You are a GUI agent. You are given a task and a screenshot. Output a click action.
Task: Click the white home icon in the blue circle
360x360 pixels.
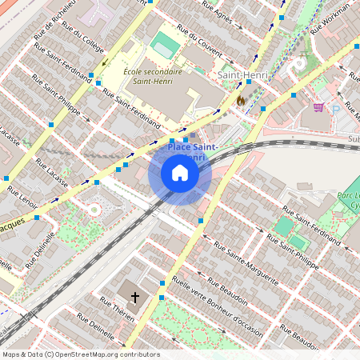(x=180, y=174)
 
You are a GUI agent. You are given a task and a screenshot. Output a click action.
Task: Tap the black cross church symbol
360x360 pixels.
(x=135, y=298)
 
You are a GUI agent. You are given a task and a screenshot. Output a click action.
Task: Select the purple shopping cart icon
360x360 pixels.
(x=318, y=106)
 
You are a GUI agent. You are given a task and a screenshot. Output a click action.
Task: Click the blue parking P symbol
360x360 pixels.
(x=336, y=109)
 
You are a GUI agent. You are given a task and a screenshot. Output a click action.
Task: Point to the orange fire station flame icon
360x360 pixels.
(x=240, y=101)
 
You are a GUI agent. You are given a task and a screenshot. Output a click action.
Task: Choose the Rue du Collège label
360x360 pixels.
(x=78, y=38)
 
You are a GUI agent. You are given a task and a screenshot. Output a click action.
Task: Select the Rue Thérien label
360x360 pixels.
(x=117, y=310)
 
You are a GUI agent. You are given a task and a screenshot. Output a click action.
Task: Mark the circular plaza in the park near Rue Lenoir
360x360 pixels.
(x=94, y=210)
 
